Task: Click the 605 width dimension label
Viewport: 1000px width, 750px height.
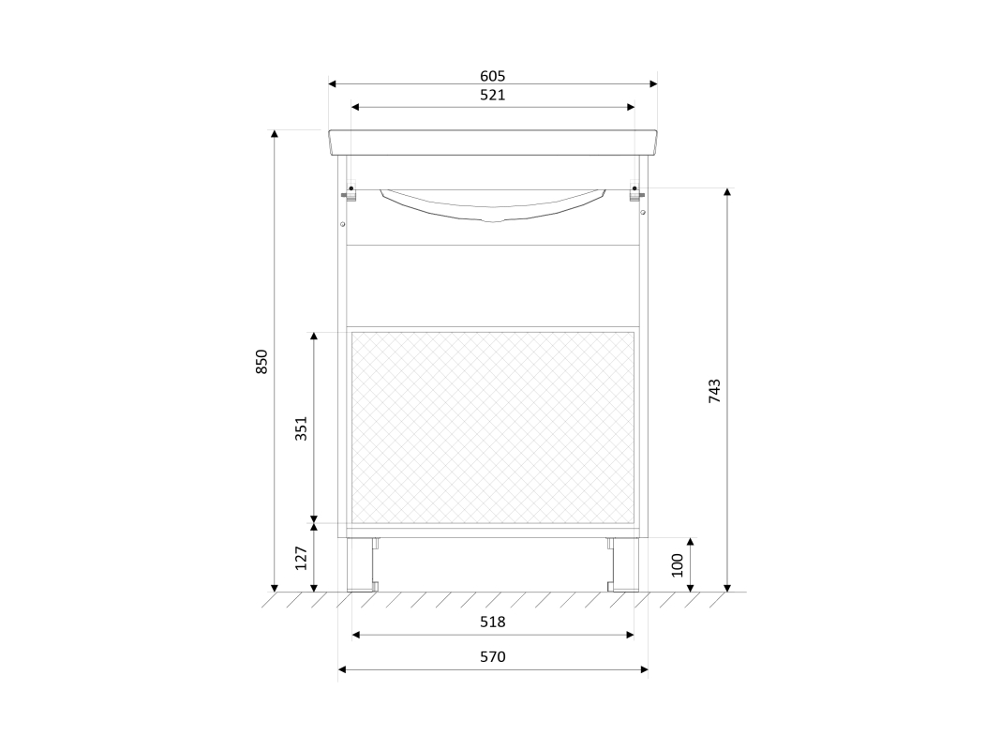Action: tap(492, 76)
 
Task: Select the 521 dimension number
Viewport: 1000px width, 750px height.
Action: tap(492, 95)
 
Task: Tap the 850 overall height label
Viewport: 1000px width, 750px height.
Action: tap(261, 362)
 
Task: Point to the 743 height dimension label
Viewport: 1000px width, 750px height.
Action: tap(714, 391)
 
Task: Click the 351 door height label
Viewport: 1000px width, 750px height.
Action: tap(301, 427)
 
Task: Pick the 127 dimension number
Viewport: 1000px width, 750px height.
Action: tap(301, 558)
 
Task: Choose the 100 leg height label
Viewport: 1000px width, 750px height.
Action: tap(678, 565)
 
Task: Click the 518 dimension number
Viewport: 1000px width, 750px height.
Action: tap(492, 622)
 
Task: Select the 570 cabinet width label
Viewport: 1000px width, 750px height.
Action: tap(492, 656)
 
